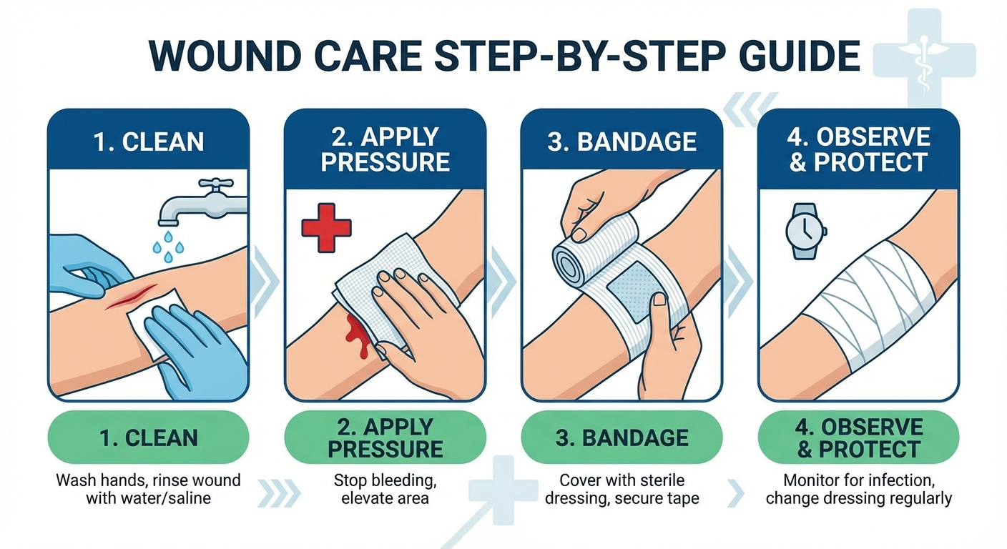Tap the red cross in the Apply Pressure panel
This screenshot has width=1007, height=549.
click(x=326, y=228)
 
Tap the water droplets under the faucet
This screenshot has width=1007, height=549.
click(x=168, y=247)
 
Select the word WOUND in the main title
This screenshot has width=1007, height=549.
click(x=225, y=56)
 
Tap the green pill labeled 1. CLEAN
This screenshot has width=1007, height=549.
click(x=148, y=437)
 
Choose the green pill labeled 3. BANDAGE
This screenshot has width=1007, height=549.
click(x=622, y=437)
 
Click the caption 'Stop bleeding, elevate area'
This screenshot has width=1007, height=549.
click(x=385, y=489)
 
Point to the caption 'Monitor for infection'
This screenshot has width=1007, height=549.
click(x=859, y=480)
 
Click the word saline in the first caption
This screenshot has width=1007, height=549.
click(x=189, y=498)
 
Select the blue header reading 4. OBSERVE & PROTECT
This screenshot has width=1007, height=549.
click(x=859, y=149)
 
